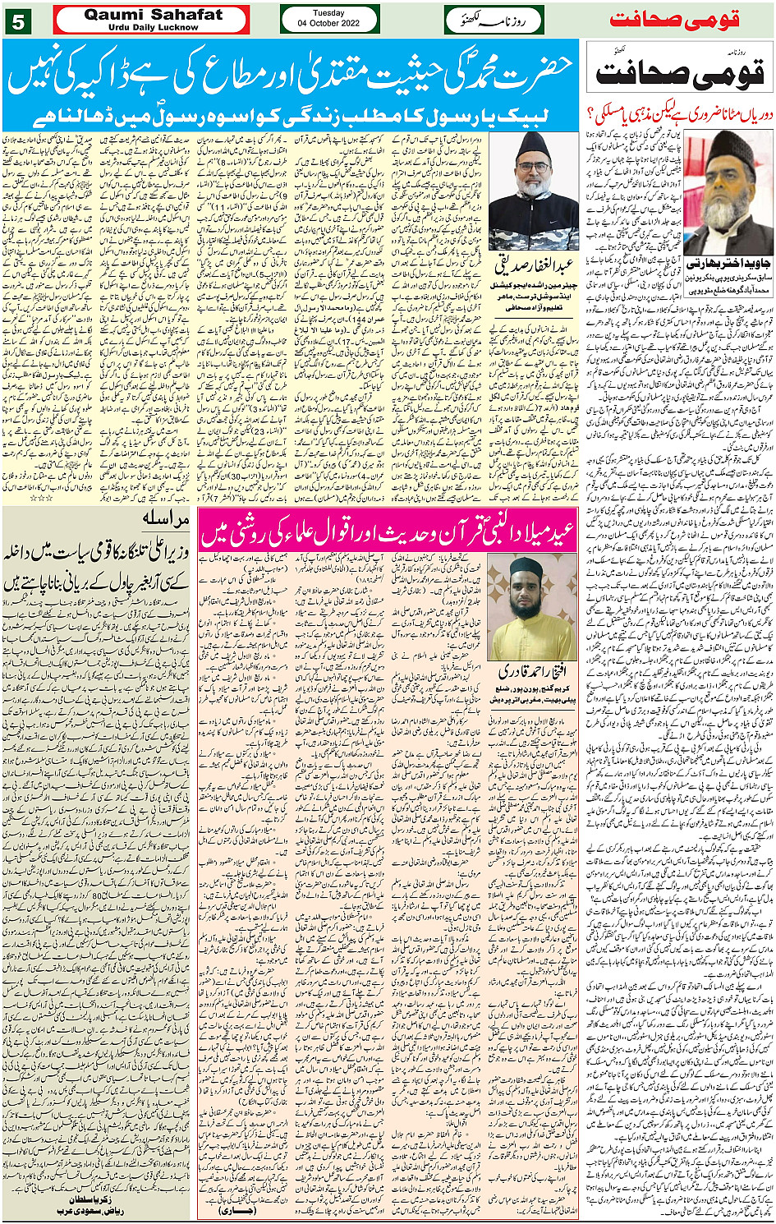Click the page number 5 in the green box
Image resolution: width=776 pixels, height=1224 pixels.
pyautogui.click(x=18, y=21)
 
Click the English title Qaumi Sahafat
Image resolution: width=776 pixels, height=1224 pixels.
pyautogui.click(x=153, y=14)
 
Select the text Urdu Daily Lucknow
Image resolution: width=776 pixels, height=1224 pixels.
pyautogui.click(x=153, y=27)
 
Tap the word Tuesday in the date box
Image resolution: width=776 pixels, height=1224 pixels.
pyautogui.click(x=328, y=13)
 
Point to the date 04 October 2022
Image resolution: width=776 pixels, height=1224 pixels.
pyautogui.click(x=328, y=24)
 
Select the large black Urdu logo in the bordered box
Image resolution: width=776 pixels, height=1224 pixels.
pyautogui.click(x=680, y=71)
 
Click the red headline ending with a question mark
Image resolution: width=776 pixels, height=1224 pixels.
pyautogui.click(x=680, y=114)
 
